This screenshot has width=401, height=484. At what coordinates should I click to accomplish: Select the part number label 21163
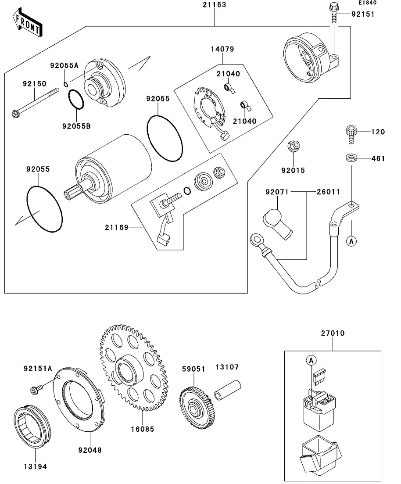point(214,5)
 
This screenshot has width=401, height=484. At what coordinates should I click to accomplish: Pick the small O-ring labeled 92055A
point(65,85)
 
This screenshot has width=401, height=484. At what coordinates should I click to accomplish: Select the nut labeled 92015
point(294,147)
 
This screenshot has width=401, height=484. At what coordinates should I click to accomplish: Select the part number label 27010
point(332,333)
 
